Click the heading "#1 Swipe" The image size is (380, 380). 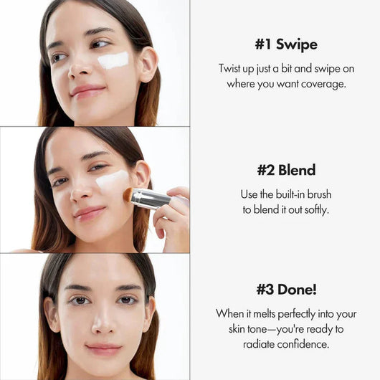(x=285, y=44)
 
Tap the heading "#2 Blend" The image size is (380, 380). (x=286, y=171)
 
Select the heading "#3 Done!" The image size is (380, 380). (x=285, y=291)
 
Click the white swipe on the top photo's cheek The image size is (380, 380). (x=113, y=60)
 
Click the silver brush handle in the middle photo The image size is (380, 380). (x=151, y=199)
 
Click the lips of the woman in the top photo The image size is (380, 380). (x=87, y=90)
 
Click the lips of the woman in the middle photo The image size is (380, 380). (x=89, y=213)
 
